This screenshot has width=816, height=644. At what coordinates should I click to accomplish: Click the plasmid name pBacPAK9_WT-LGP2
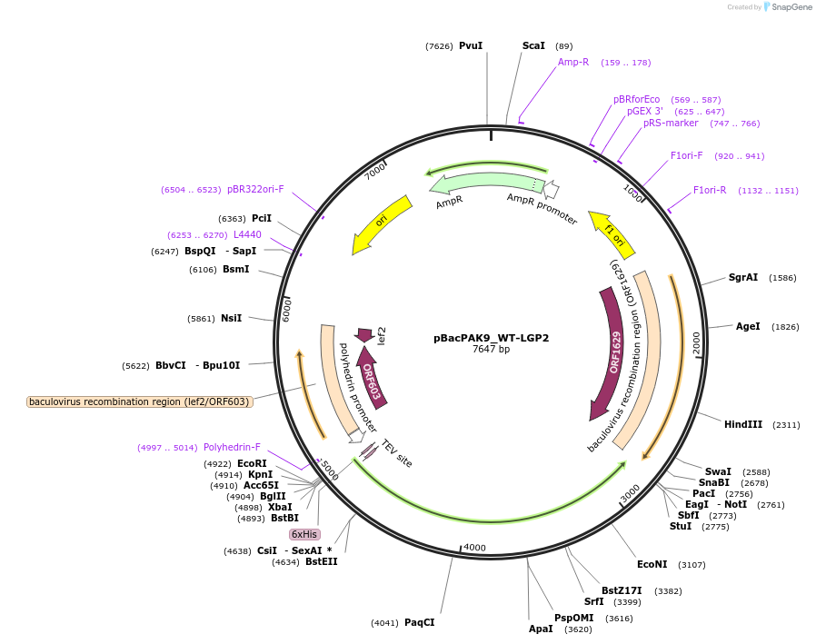491,338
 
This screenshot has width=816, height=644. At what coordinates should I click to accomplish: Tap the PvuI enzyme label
470,45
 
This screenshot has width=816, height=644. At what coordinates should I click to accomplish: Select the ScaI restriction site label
533,45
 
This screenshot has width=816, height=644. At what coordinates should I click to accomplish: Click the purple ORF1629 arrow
612,354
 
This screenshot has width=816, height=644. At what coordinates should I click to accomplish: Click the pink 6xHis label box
304,534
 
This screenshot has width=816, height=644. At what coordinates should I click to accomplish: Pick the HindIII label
742,424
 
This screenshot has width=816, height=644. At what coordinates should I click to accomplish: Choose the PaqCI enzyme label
419,622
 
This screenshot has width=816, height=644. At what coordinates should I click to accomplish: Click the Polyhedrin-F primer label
232,447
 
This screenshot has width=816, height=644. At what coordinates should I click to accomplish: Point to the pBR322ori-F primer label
255,189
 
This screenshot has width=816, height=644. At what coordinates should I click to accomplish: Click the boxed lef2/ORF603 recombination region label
139,401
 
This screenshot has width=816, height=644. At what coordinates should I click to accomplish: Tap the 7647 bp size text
491,349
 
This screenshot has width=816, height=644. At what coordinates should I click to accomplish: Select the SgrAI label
742,277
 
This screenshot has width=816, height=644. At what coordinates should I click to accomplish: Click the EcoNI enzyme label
652,564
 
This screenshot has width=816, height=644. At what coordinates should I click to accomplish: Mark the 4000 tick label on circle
475,548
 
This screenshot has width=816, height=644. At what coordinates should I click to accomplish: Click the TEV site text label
397,454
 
